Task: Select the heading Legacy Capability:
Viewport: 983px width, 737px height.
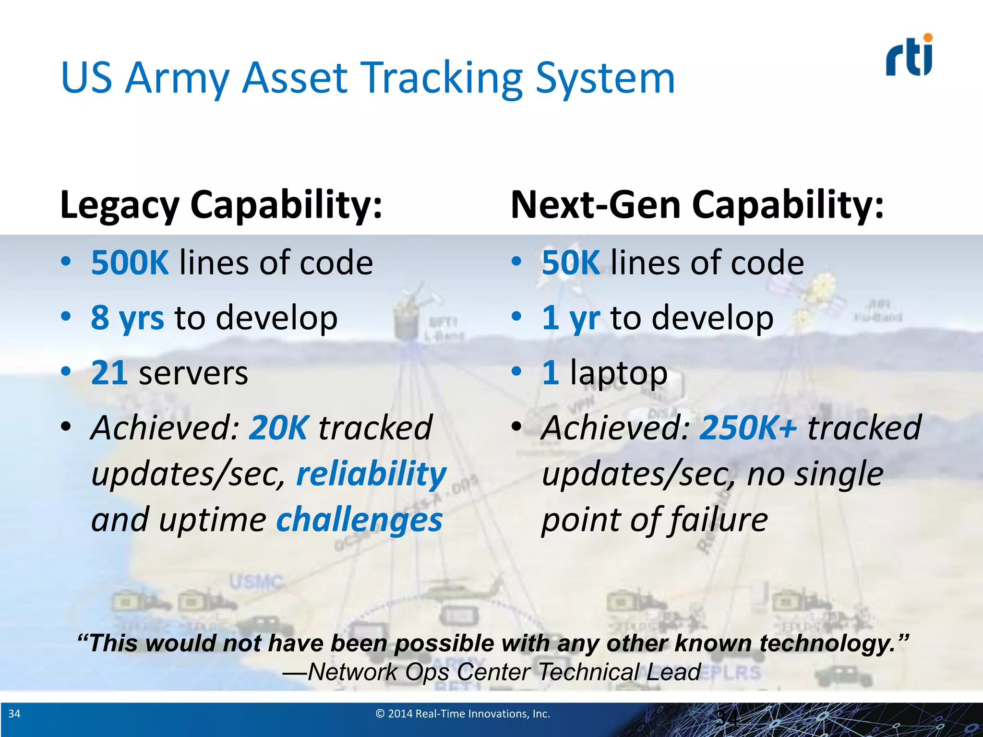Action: (x=221, y=205)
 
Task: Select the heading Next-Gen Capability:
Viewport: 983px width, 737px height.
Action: (x=697, y=205)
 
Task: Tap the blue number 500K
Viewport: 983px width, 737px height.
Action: (x=130, y=263)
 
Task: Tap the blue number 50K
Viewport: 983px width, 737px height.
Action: (x=571, y=263)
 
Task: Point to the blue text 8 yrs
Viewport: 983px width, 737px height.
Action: (x=127, y=318)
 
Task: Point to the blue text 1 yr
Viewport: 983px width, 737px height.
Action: (x=571, y=318)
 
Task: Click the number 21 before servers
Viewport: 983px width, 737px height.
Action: (x=109, y=373)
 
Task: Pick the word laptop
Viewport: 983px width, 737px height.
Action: (x=619, y=373)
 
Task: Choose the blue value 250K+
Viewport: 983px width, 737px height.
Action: (x=748, y=428)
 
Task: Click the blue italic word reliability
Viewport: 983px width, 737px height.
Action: (x=371, y=474)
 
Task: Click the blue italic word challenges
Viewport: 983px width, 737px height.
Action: (x=359, y=520)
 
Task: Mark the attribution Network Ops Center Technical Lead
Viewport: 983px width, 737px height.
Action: (x=491, y=672)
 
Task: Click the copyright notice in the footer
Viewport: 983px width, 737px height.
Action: (x=463, y=714)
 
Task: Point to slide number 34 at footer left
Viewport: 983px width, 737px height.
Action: (x=14, y=714)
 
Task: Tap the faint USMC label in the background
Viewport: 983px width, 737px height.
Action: (x=255, y=582)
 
